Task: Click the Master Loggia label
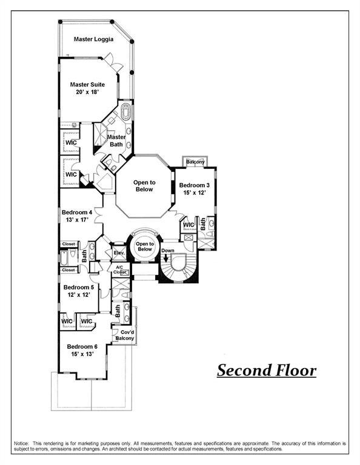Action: coord(94,39)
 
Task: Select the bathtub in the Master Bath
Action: coord(126,113)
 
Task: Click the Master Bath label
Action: coord(116,140)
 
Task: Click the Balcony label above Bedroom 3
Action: coord(195,162)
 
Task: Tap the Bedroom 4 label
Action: coord(76,216)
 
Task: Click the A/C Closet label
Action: coord(119,269)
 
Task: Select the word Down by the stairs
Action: coord(168,251)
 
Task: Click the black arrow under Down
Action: coord(165,260)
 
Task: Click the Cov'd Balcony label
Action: coord(127,335)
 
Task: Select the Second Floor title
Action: coord(267,370)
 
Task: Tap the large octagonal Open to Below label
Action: coord(144,186)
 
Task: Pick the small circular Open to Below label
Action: coord(144,246)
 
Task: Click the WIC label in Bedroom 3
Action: coord(188,225)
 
